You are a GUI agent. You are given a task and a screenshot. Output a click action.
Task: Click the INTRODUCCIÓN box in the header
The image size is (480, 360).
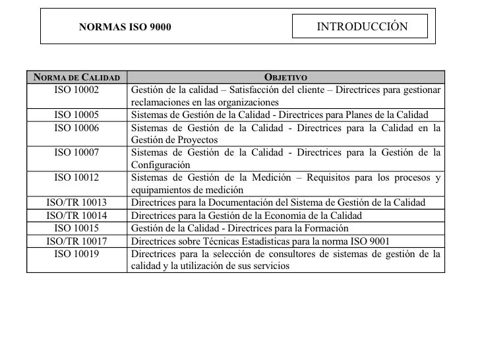pos(362,26)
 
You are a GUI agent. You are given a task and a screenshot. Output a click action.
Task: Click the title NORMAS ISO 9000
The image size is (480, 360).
pos(125,28)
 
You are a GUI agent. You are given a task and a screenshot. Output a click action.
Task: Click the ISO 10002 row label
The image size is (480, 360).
pos(76,90)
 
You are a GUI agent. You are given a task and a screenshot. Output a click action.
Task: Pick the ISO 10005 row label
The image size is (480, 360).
pos(76,115)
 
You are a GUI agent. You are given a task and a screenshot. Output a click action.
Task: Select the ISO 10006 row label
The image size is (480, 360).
pos(76,127)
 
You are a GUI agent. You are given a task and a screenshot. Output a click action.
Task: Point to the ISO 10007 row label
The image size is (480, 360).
pos(76,152)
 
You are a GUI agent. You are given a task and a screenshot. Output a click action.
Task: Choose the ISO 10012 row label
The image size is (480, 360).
pos(76,177)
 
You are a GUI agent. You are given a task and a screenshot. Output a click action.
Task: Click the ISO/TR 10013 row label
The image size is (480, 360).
pos(76,202)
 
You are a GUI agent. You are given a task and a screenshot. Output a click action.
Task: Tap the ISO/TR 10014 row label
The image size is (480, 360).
pos(76,215)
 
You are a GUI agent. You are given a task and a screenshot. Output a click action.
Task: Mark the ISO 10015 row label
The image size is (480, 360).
pos(76,227)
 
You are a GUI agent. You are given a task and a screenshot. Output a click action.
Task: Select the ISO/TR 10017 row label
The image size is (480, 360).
pos(76,240)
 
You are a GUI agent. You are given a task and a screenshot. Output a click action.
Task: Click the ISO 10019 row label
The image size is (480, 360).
pos(76,253)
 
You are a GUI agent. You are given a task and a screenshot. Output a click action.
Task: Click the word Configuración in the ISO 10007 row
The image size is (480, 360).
pos(161,165)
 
